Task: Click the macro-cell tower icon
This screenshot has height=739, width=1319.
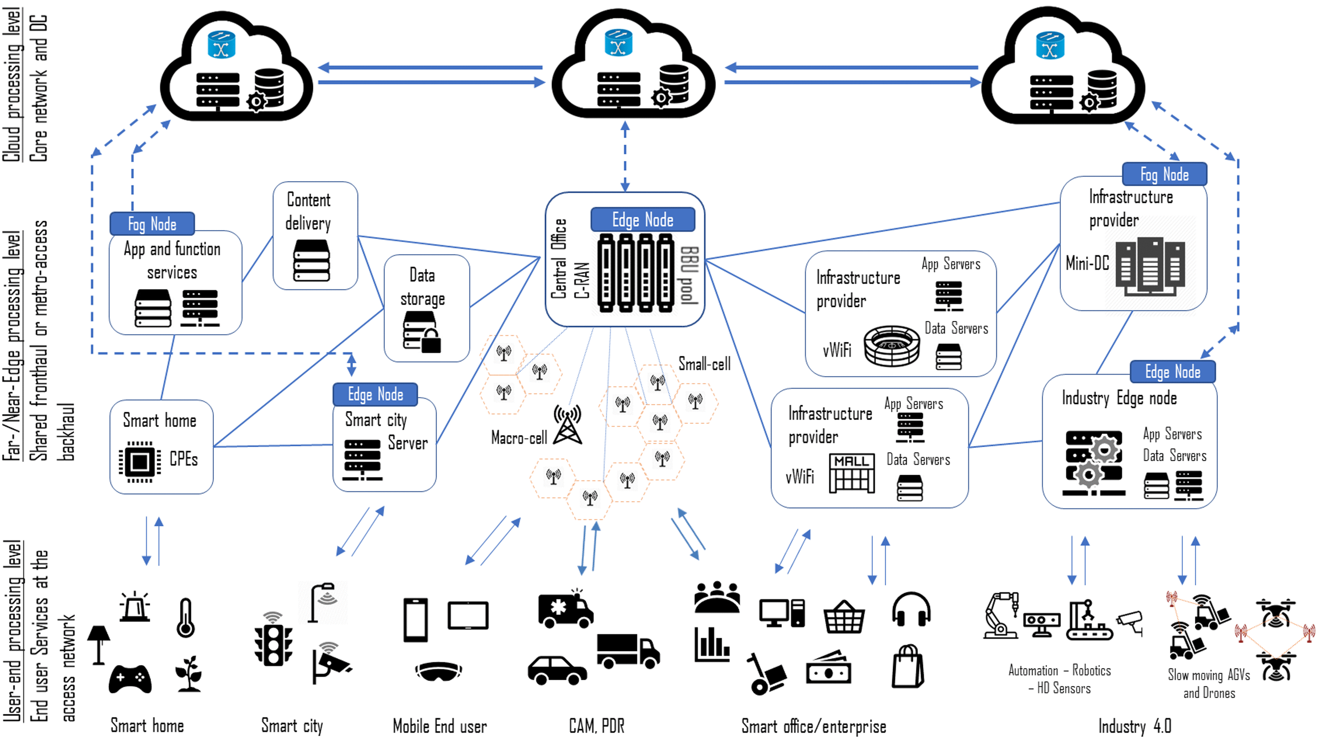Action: tap(567, 425)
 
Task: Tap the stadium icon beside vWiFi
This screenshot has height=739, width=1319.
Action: tap(892, 346)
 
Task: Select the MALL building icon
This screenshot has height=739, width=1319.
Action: tap(851, 473)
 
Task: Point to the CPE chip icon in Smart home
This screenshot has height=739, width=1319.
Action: tap(139, 462)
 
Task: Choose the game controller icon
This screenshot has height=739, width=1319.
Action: tap(130, 679)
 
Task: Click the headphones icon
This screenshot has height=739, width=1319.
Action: tap(911, 609)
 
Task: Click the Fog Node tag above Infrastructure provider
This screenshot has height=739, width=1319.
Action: tap(1164, 174)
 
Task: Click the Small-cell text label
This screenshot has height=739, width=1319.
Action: tap(704, 364)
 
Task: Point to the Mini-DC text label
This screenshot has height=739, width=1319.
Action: tap(1087, 264)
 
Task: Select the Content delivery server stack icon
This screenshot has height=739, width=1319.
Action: tap(311, 261)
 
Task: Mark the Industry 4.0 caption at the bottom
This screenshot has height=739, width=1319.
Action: tap(1134, 726)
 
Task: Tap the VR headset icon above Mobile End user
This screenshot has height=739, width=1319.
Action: tap(438, 671)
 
